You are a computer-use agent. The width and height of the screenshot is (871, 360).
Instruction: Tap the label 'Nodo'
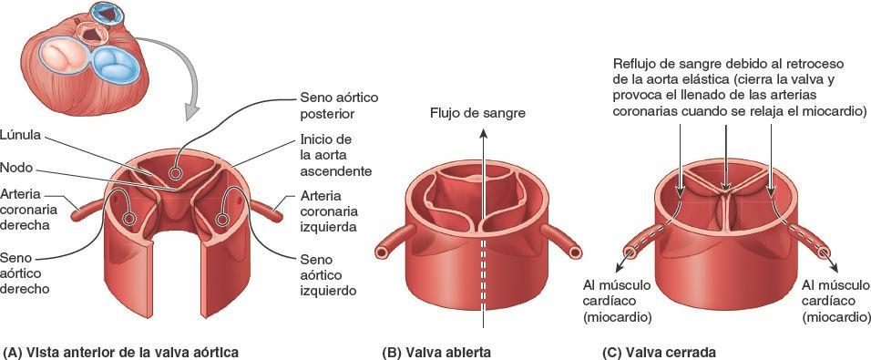tap(19, 168)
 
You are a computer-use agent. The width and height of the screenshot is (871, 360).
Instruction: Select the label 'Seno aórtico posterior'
tap(338, 106)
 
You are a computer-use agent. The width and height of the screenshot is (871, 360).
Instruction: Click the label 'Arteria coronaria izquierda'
tap(331, 211)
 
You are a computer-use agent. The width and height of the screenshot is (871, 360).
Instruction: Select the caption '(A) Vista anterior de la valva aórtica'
tap(121, 351)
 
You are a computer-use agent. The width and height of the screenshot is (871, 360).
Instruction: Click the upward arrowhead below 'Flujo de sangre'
tap(483, 132)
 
